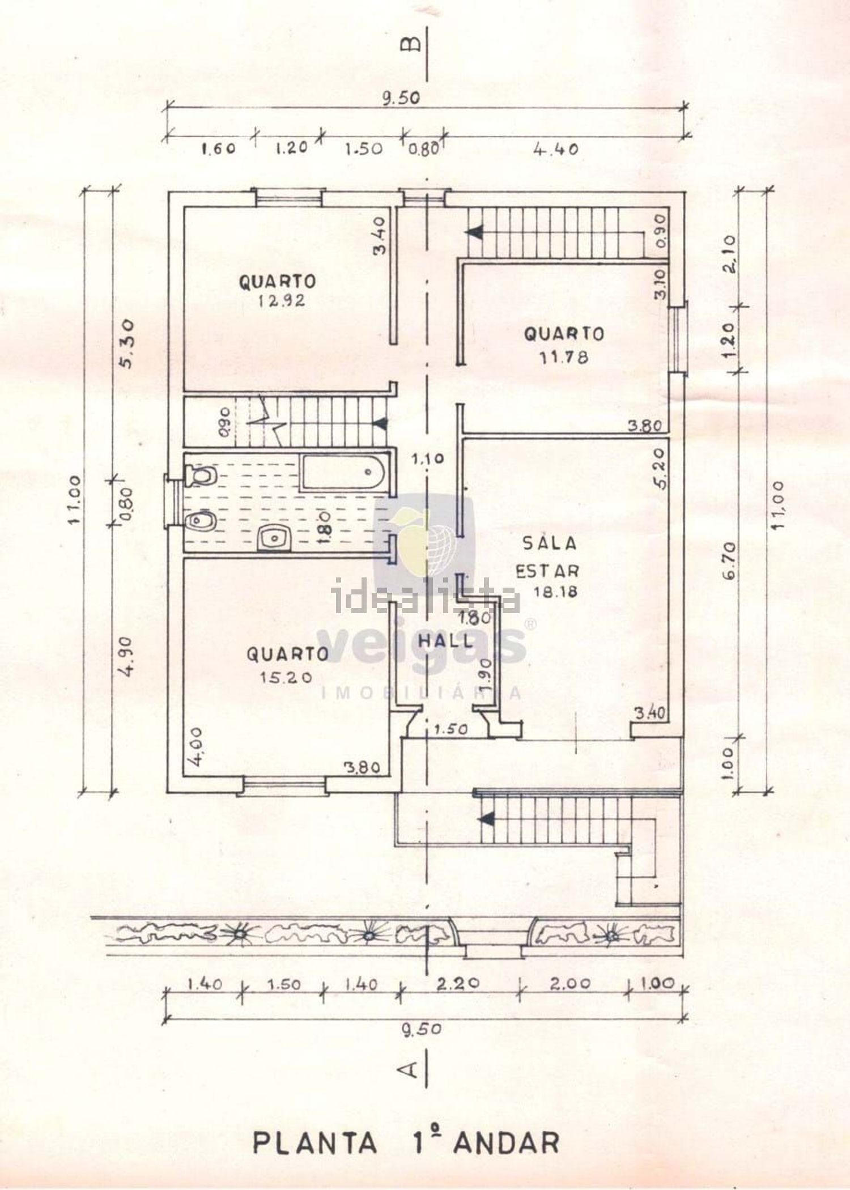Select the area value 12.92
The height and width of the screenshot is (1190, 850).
(x=282, y=300)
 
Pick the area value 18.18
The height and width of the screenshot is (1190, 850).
(x=555, y=591)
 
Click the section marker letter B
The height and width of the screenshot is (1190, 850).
(x=411, y=44)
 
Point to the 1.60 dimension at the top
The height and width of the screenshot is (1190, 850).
(x=218, y=150)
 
